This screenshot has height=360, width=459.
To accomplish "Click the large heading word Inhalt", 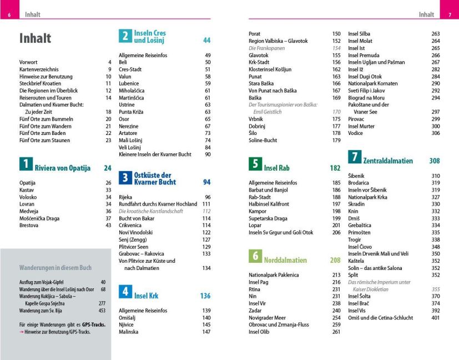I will (35, 38).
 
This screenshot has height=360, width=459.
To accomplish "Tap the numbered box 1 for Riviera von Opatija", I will (26, 164).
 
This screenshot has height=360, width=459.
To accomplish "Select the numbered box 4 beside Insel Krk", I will (125, 292).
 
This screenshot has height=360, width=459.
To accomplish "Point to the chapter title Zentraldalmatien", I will (388, 161).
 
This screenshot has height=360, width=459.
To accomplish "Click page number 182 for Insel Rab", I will (335, 168).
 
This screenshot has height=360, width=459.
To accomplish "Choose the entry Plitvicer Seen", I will (134, 246).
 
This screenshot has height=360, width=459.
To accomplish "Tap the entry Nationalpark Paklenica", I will (274, 275).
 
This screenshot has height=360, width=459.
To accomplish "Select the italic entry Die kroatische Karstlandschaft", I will (150, 211).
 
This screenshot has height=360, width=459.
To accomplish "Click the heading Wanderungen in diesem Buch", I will (56, 267).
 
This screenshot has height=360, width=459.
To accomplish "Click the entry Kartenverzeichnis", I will (39, 69).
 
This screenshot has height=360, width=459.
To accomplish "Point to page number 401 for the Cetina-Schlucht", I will (435, 318).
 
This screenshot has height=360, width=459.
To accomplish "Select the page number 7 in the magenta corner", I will (450, 14).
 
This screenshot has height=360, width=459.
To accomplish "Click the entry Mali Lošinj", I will (131, 140).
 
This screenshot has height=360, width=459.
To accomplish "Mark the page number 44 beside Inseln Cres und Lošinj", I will (206, 41).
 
